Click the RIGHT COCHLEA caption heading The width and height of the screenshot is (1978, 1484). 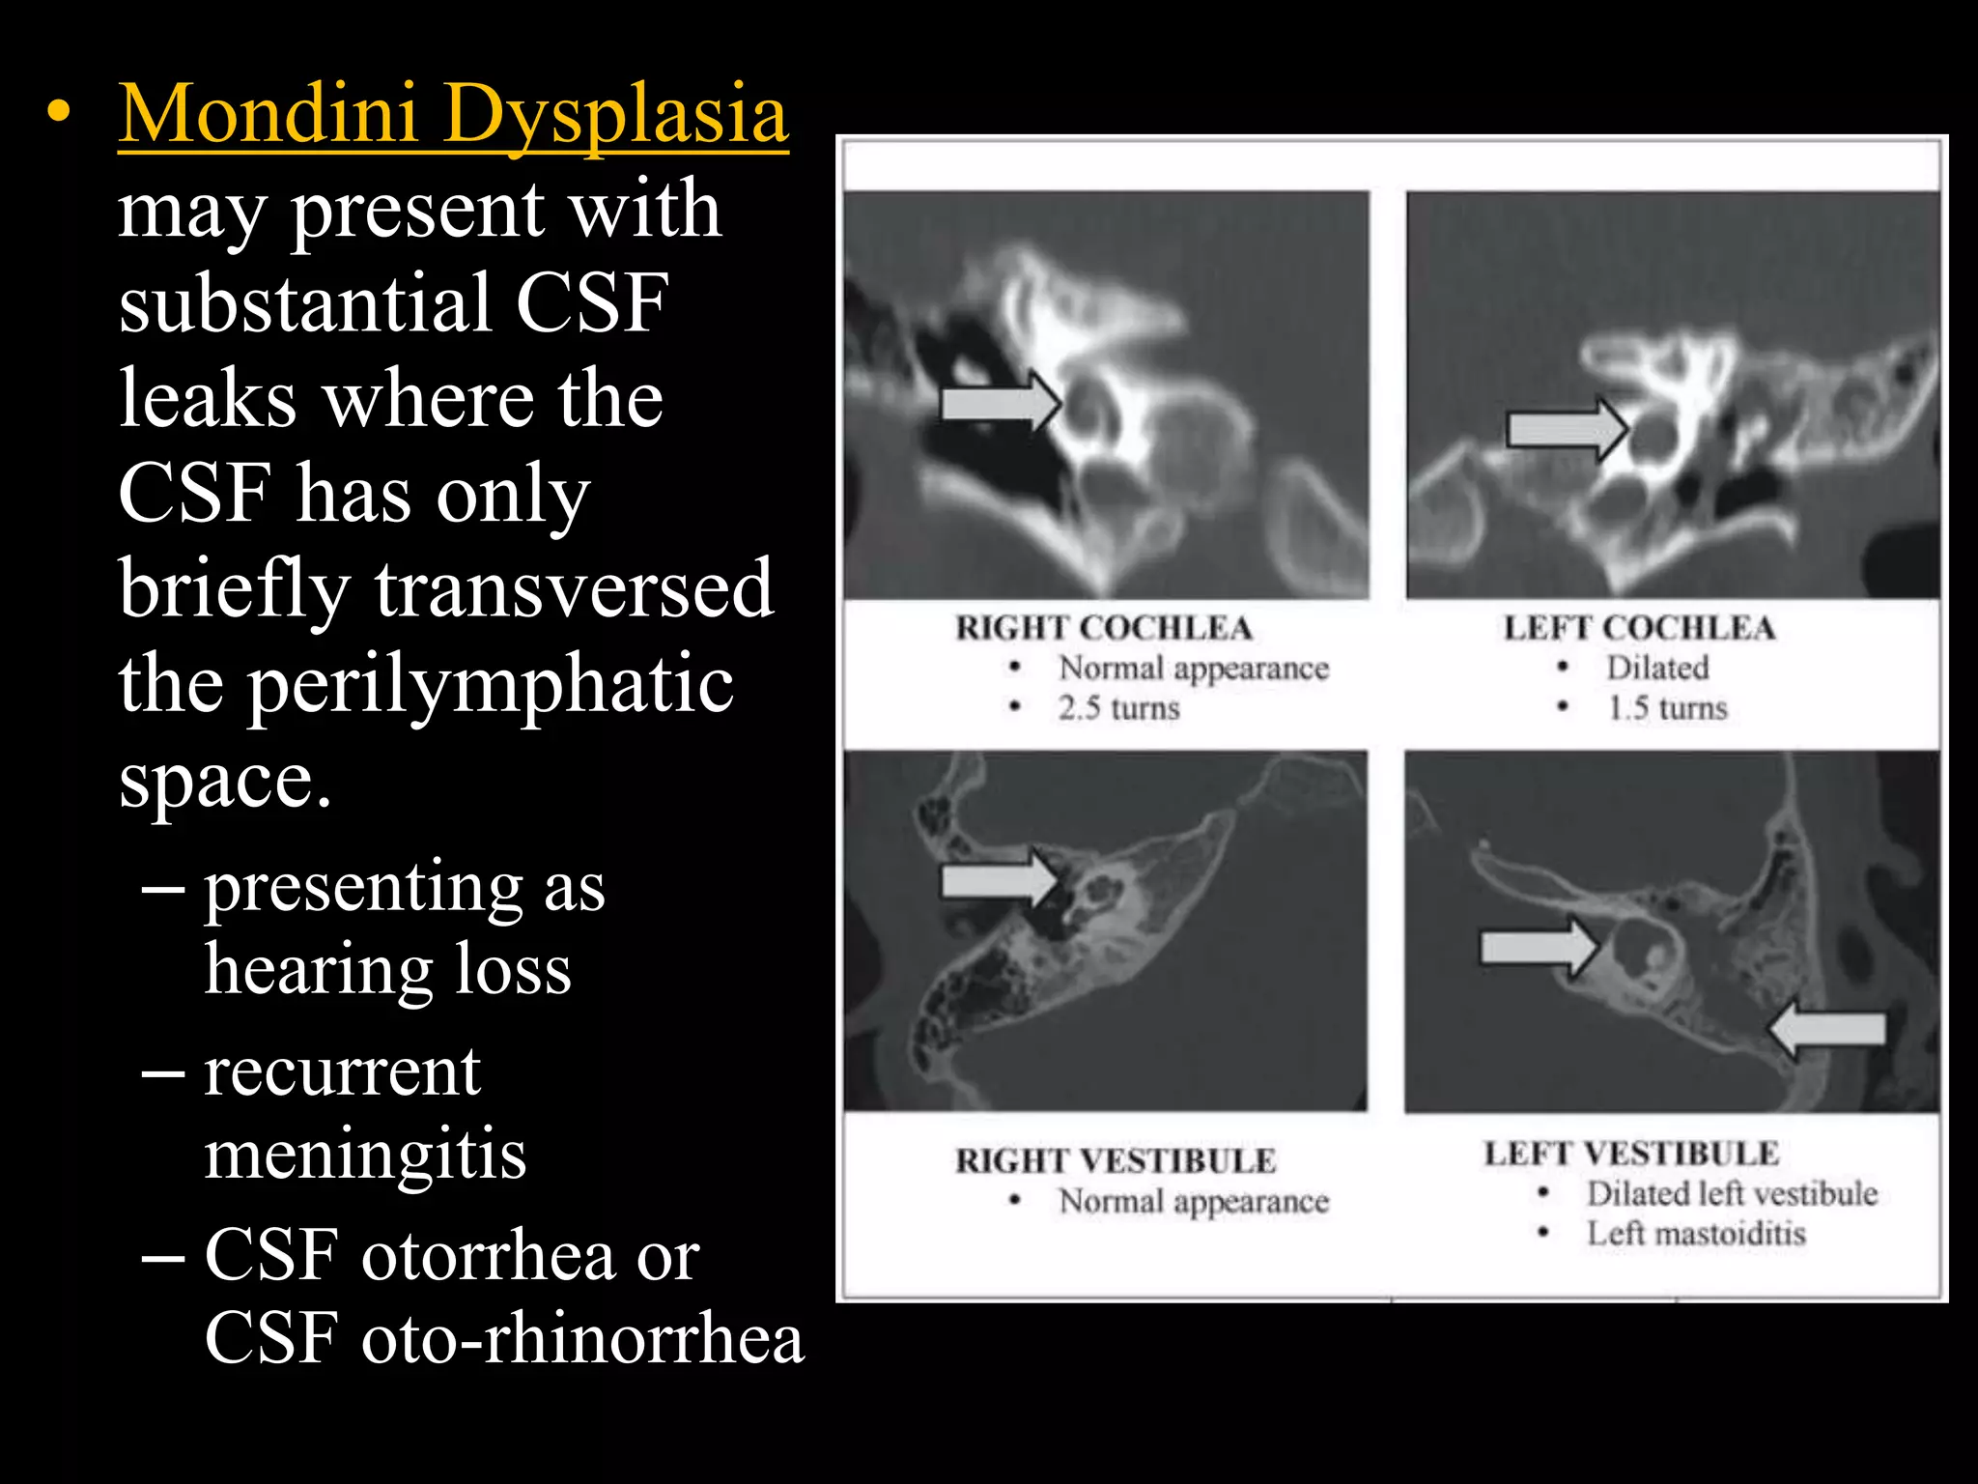pos(1104,628)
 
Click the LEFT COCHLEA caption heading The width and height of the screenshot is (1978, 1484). pos(1639,628)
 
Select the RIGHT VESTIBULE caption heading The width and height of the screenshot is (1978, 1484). pos(1116,1160)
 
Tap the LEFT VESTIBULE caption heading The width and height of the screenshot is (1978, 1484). pos(1631,1154)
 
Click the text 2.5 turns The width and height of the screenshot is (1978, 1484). pos(1118,708)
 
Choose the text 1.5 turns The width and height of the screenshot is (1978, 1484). pos(1667,708)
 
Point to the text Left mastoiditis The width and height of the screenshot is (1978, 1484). pos(1696,1234)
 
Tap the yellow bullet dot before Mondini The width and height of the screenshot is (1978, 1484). pos(59,113)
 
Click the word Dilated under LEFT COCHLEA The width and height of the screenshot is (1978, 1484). pos(1657,668)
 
